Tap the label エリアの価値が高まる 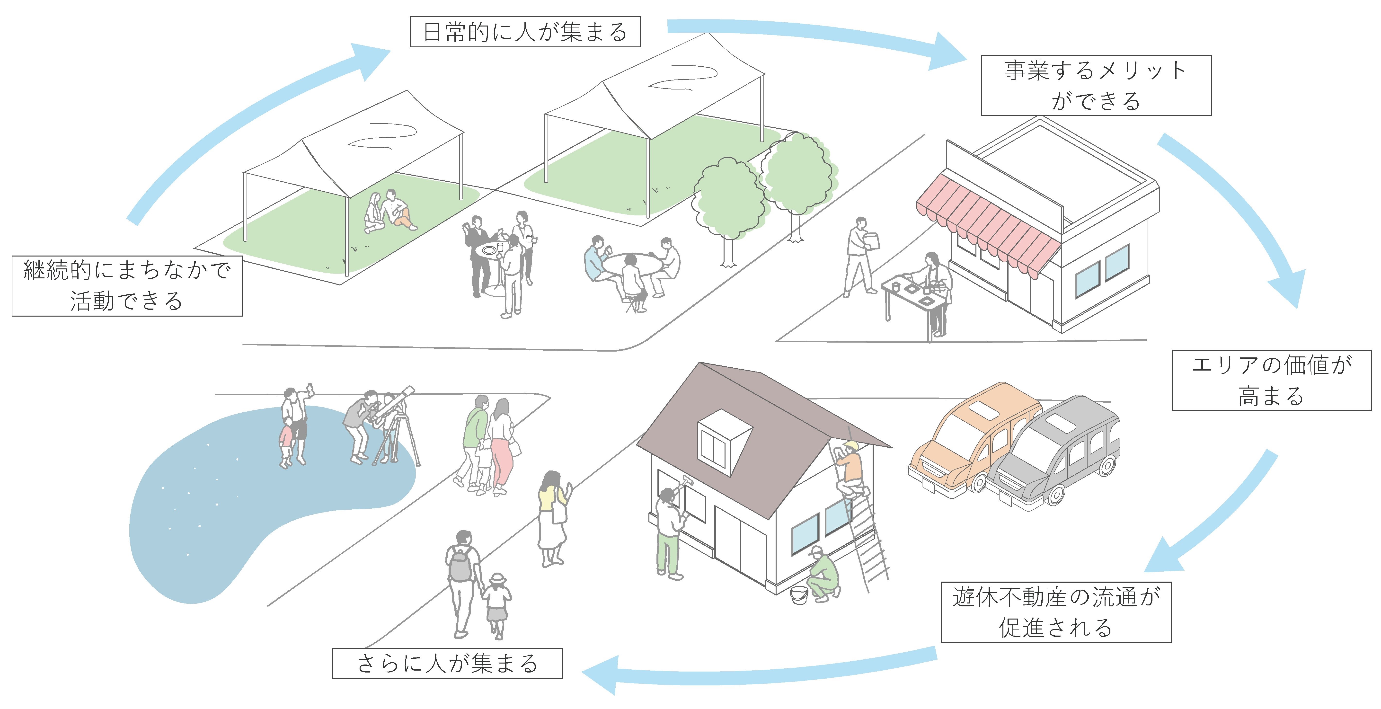pos(1271,380)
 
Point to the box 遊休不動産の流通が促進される pos(1056,612)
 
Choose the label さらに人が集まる pos(447,664)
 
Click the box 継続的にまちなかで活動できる pos(127,286)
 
